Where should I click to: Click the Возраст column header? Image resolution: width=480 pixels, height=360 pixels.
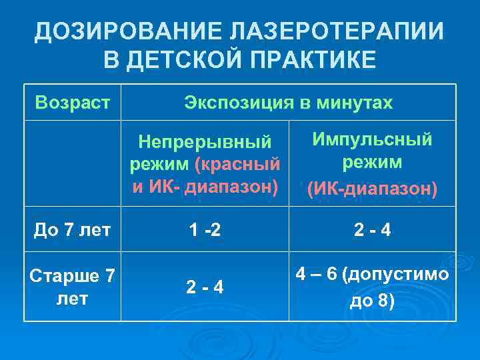point(73,103)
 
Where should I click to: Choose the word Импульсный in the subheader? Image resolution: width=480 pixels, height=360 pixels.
point(373,139)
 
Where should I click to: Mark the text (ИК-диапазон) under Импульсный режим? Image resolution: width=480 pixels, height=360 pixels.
point(373,189)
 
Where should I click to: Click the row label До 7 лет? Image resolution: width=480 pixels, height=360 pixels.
point(73,231)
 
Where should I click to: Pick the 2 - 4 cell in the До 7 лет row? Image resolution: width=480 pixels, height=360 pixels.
point(373,231)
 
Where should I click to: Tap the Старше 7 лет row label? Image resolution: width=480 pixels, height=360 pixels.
point(73,287)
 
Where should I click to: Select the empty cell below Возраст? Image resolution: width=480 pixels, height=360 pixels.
point(73,163)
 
